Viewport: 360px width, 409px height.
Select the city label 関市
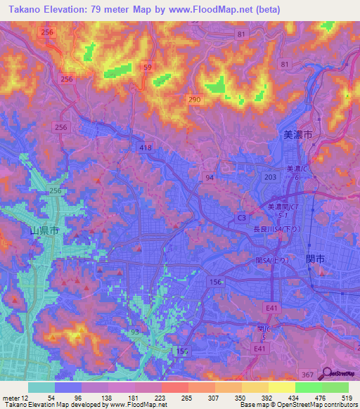[x=315, y=259]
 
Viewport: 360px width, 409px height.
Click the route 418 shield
[x=146, y=147]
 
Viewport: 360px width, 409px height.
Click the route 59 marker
[x=147, y=67]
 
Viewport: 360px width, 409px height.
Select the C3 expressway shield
[x=241, y=219]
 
